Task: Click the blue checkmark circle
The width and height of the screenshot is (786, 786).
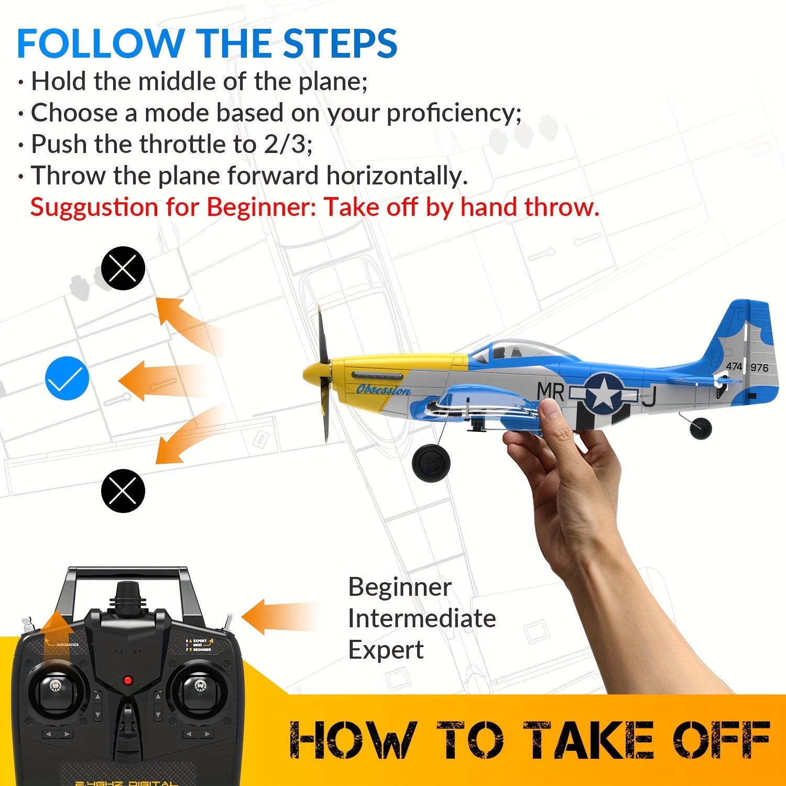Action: pos(67,378)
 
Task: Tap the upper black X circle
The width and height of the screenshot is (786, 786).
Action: pos(123,268)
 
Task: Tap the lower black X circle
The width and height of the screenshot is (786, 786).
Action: pos(123,490)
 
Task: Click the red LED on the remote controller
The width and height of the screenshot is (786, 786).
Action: pos(127,681)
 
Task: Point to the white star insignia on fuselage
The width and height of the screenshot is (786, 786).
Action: pos(604,392)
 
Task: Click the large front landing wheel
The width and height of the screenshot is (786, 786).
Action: pos(431,461)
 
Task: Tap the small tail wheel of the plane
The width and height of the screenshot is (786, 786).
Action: pos(701,428)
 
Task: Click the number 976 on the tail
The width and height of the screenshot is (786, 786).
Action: pos(759,367)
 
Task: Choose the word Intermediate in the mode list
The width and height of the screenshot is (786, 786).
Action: pos(422,619)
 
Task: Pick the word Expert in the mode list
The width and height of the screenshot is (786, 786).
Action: pos(386,650)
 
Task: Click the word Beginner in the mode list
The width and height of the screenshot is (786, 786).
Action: pos(399,587)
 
